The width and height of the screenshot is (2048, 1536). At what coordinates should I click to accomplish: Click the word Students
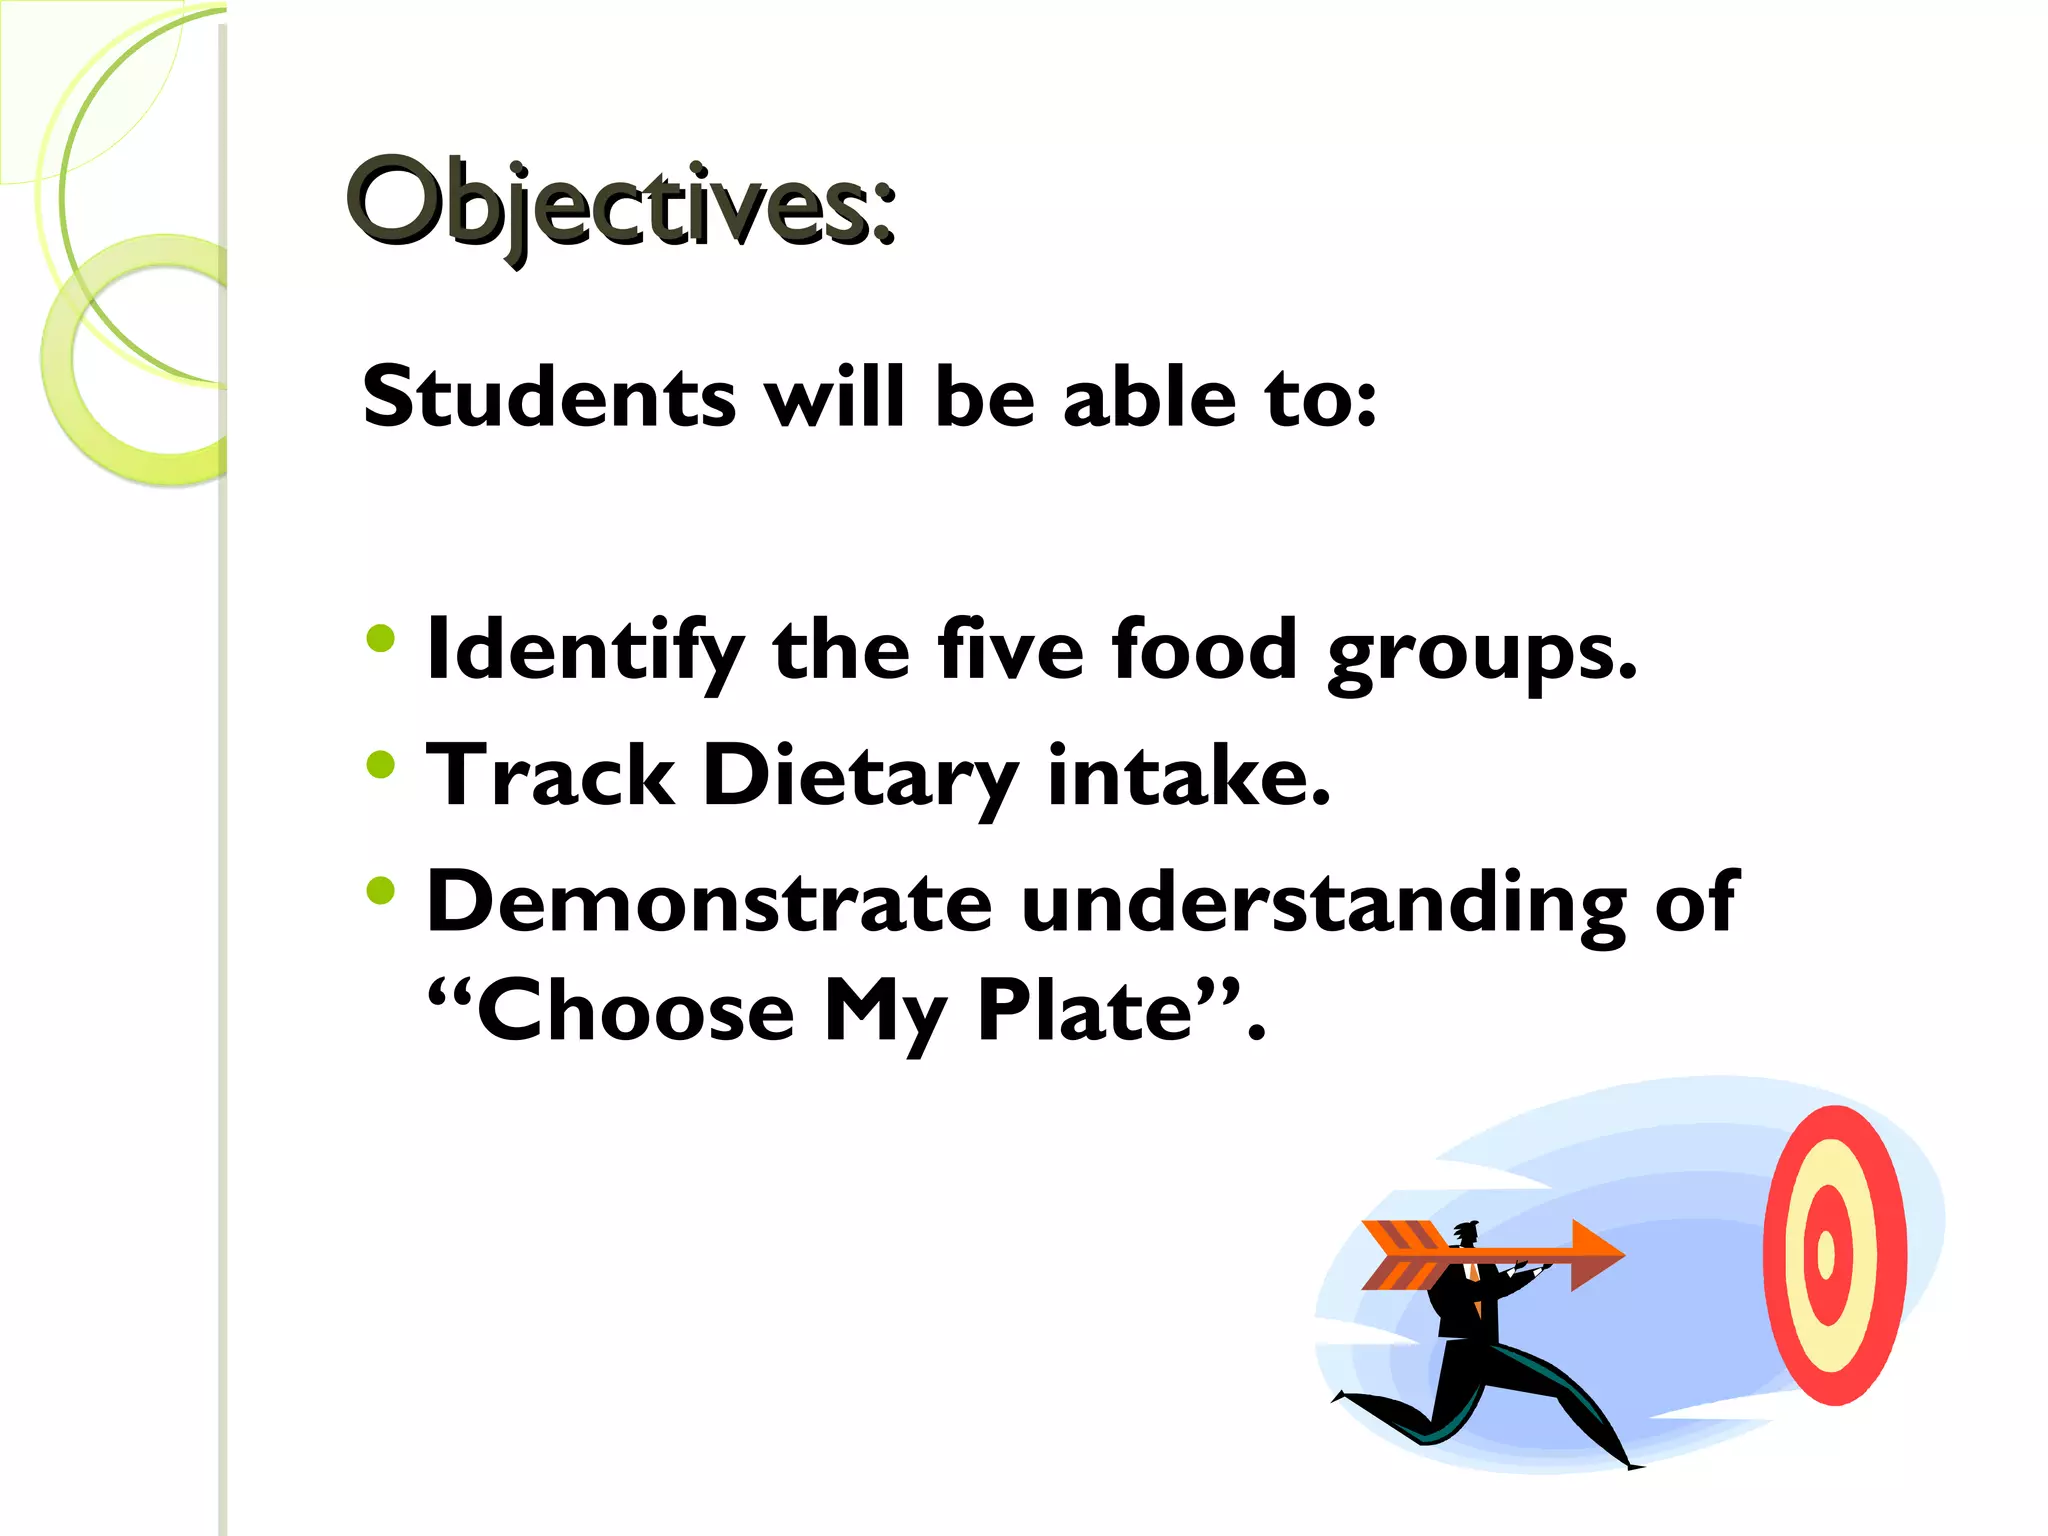click(549, 397)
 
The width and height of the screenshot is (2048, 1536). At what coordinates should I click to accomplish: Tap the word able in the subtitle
click(1149, 397)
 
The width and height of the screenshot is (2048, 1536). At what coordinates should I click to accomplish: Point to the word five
click(1010, 650)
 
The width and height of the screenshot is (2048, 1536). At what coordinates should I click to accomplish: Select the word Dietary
click(860, 778)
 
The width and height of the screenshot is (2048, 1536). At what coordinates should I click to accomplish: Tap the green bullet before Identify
click(381, 638)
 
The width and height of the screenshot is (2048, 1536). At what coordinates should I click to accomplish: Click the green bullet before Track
click(381, 765)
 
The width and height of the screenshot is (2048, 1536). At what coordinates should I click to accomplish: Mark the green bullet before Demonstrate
click(381, 890)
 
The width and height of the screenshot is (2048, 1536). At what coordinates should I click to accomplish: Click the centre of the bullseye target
click(1826, 1254)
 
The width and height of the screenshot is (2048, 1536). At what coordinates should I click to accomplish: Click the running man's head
click(1466, 1234)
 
